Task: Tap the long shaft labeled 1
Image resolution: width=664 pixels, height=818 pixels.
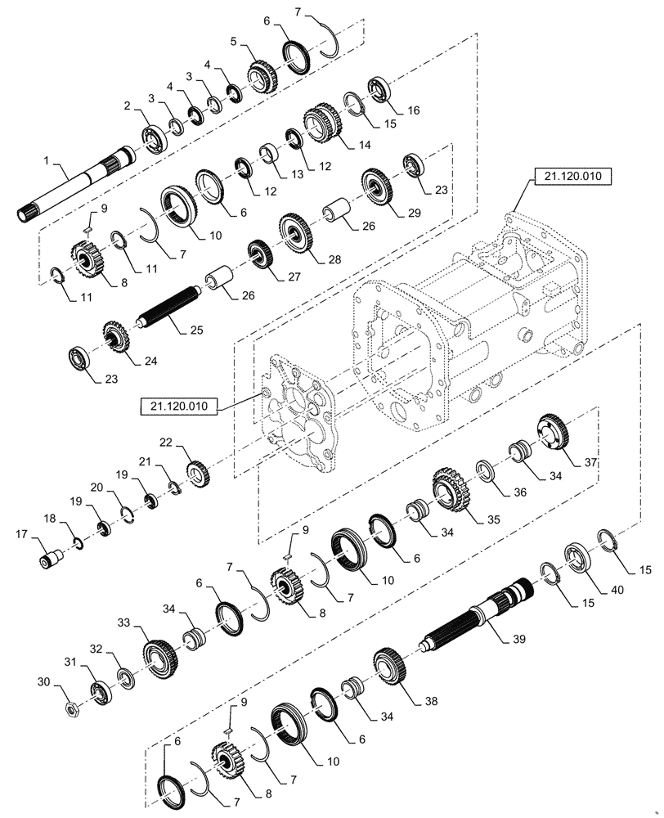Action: (74, 187)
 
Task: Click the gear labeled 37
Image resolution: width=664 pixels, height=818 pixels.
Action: (554, 432)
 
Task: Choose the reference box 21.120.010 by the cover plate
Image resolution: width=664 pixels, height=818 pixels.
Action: (177, 405)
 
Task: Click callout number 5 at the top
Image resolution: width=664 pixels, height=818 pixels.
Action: (233, 41)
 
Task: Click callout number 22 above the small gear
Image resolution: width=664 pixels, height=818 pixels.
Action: (166, 442)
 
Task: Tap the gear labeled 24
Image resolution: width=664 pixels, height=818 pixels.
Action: (116, 337)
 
